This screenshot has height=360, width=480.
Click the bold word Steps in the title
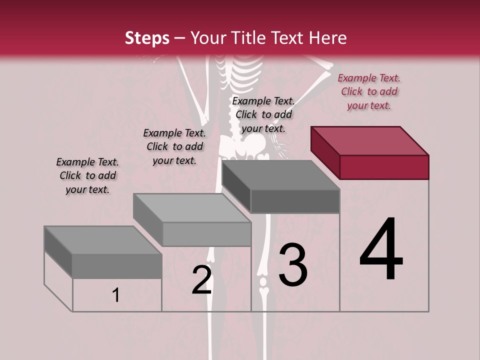tap(147, 38)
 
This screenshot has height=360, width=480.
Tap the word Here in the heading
tap(328, 38)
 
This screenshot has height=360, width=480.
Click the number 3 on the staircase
tap(292, 265)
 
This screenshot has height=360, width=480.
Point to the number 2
tap(201, 280)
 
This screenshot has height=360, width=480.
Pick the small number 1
tap(115, 295)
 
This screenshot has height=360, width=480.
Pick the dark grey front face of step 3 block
tap(295, 201)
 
